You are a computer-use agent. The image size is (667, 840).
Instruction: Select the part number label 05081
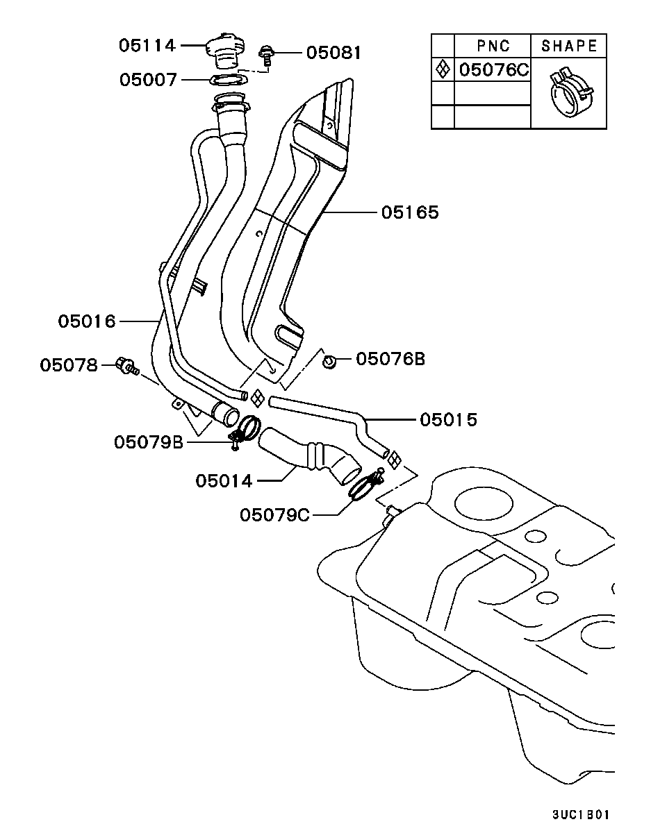click(x=334, y=52)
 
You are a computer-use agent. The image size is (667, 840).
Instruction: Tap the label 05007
click(x=148, y=80)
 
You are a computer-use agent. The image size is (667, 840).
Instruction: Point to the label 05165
click(x=410, y=212)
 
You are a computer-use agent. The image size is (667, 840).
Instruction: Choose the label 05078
click(x=69, y=364)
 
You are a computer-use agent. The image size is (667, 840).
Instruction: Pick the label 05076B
click(x=390, y=359)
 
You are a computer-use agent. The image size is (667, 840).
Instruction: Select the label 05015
click(x=448, y=419)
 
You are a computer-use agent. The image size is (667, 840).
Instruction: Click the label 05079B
click(x=149, y=442)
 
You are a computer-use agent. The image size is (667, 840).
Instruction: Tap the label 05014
click(x=224, y=480)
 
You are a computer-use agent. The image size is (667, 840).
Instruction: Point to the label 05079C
click(x=274, y=515)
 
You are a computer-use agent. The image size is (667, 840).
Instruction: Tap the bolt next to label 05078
click(x=126, y=365)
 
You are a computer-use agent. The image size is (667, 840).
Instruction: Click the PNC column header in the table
click(x=493, y=46)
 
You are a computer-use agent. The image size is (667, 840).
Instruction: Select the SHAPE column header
click(x=568, y=46)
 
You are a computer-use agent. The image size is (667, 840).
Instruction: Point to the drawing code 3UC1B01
click(x=582, y=814)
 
